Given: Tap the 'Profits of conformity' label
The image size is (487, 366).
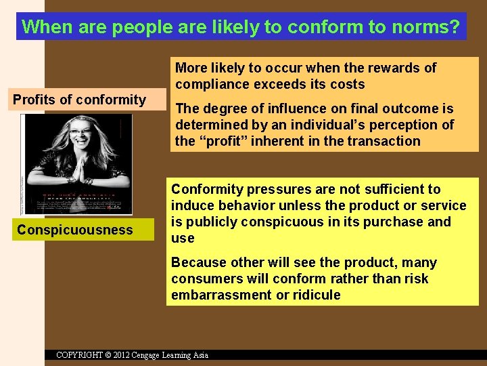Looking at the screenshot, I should click(79, 100).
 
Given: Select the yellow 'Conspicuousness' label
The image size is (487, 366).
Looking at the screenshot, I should click(75, 230).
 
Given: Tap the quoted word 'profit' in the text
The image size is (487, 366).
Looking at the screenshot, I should click(223, 141).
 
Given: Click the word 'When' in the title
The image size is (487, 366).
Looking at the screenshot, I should click(42, 27).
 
